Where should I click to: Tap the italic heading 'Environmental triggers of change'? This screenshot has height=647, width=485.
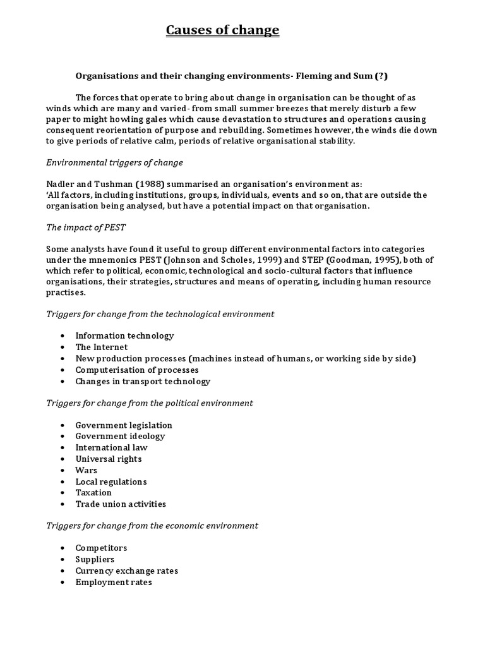(x=114, y=162)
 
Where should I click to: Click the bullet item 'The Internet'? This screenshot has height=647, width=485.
(x=101, y=347)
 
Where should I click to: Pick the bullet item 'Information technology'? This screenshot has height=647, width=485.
(x=124, y=336)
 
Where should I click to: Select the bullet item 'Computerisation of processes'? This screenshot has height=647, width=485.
(x=136, y=370)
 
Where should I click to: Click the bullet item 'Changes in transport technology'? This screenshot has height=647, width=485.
(x=143, y=381)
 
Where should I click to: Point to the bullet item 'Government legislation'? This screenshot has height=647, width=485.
(x=123, y=425)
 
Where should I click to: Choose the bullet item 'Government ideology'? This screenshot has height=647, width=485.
(x=120, y=436)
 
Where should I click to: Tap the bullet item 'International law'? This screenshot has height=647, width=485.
(x=111, y=447)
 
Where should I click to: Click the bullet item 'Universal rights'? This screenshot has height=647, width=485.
(x=108, y=459)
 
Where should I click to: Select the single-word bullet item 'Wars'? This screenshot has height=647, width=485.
(x=86, y=470)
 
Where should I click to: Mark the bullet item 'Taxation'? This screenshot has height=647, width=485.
(x=93, y=492)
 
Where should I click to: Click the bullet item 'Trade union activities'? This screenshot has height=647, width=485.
(x=121, y=504)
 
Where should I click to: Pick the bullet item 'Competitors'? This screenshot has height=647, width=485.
(x=101, y=548)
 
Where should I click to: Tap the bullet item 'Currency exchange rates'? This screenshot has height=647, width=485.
(x=126, y=571)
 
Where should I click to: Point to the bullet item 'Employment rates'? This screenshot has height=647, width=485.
(x=114, y=582)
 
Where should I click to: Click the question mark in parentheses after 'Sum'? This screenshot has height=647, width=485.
(x=381, y=76)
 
